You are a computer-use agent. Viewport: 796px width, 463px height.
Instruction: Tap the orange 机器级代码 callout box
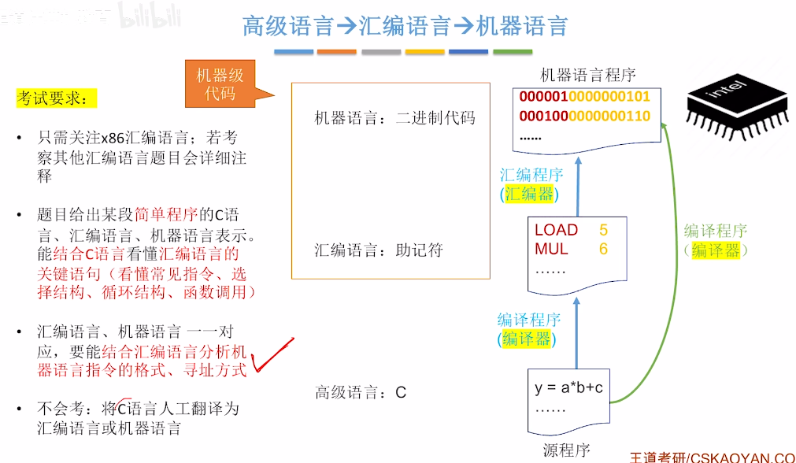220,84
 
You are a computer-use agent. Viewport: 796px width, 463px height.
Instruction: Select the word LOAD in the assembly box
556,230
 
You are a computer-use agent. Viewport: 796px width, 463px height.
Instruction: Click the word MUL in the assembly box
551,250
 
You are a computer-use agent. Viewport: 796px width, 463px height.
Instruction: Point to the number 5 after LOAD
603,230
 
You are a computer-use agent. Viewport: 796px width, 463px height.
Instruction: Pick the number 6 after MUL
603,250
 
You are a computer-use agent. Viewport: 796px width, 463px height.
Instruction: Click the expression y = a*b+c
568,388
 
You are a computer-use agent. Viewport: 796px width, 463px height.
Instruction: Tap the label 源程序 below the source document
566,450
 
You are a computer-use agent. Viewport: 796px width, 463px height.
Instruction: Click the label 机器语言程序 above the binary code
587,75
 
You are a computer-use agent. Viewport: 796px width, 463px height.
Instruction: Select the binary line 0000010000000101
584,98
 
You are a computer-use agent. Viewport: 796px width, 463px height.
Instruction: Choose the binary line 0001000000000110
584,117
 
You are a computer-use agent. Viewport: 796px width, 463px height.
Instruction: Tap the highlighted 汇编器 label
530,194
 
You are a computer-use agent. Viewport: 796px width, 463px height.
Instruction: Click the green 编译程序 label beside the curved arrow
715,231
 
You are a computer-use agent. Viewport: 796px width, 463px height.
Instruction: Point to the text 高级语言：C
360,392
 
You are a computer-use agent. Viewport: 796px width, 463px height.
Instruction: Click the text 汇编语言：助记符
379,250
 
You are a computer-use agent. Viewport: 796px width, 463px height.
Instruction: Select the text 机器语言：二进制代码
395,119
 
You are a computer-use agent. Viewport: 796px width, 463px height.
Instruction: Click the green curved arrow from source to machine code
668,260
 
